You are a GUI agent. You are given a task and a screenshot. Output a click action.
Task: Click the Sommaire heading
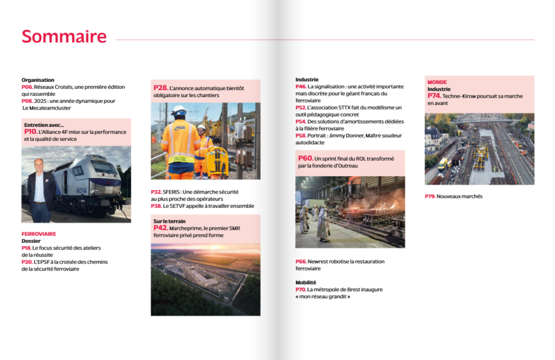[x=64, y=36]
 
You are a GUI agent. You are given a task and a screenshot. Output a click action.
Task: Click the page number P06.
[x=27, y=87]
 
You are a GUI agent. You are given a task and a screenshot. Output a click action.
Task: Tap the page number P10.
[x=30, y=132]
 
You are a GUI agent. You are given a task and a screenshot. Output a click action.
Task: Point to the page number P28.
[x=160, y=87]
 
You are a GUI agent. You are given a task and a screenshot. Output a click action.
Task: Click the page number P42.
[x=160, y=228]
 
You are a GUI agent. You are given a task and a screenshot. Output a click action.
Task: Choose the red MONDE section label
[x=437, y=82]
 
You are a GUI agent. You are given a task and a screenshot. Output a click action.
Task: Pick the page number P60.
[x=305, y=158]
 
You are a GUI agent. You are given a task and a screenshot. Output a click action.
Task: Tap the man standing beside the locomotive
[x=40, y=190]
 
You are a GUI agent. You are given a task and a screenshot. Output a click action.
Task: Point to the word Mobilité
[x=306, y=282]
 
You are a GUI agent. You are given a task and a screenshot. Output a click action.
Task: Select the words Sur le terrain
[x=169, y=221]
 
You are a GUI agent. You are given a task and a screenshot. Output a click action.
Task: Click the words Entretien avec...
[x=44, y=125]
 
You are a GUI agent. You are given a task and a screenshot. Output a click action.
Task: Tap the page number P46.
[x=301, y=86]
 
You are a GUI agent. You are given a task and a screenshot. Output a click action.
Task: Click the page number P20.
[x=27, y=262]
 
